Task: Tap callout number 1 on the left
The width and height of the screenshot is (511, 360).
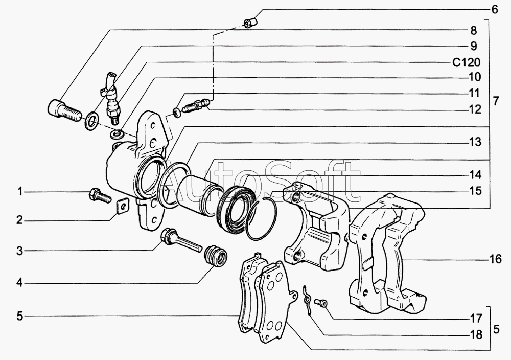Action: [x=19, y=192]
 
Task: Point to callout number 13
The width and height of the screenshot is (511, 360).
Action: [x=476, y=142]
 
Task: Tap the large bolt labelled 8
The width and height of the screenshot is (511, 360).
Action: [x=63, y=109]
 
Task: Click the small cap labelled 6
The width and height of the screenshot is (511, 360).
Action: [x=249, y=23]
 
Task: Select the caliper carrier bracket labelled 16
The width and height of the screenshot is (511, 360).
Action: [x=388, y=256]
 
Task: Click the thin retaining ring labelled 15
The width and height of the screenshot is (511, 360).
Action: [x=262, y=218]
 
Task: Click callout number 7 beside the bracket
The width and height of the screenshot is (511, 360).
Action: [x=495, y=101]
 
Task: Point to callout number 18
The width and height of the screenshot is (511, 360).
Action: [x=476, y=335]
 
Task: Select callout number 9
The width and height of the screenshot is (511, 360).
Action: [x=474, y=46]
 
